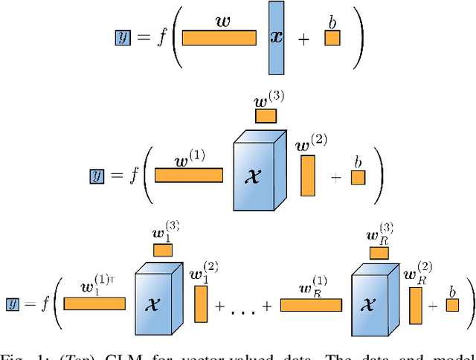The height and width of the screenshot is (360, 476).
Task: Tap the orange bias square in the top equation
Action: (332, 39)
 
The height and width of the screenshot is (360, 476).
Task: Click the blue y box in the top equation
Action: (123, 37)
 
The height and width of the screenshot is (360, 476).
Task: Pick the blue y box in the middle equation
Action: (97, 176)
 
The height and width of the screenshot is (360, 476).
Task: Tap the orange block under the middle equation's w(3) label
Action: (266, 116)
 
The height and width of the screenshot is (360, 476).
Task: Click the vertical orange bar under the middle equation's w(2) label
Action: (307, 176)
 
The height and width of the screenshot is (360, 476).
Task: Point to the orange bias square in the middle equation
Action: (358, 177)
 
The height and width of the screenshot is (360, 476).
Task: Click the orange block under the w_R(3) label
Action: (379, 252)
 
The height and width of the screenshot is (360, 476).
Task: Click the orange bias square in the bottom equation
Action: (452, 305)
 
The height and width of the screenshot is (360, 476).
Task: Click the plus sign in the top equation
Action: (303, 40)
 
